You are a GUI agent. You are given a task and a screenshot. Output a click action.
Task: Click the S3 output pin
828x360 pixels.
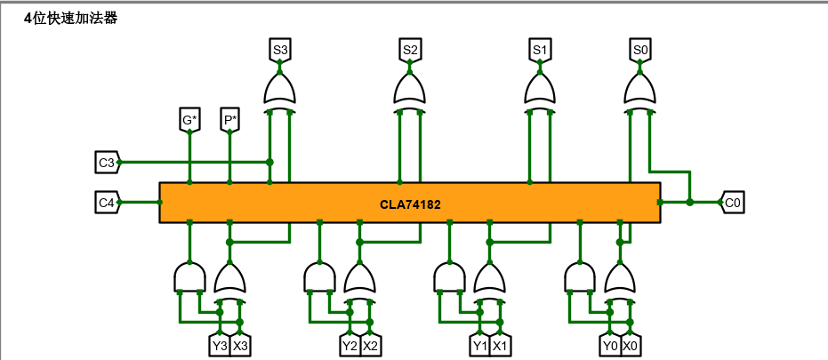point(280,51)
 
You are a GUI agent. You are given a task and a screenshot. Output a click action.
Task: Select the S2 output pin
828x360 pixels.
point(410,51)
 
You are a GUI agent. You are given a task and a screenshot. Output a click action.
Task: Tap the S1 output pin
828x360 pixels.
point(540,51)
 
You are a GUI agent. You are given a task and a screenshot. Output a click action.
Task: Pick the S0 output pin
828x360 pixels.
point(640,51)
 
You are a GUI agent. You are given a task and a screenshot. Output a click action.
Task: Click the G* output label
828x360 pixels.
point(189,119)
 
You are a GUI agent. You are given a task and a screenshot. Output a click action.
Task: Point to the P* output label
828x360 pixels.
point(230,119)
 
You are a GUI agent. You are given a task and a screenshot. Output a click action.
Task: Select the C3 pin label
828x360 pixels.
point(106,163)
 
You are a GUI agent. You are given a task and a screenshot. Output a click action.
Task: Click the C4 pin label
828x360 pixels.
point(106,203)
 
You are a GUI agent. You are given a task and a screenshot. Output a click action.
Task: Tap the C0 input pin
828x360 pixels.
point(732,203)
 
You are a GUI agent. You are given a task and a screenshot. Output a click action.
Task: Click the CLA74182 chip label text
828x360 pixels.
point(410,204)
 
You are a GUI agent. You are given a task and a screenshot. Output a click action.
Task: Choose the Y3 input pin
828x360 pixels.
point(220,345)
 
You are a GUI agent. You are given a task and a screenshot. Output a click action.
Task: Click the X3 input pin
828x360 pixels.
point(240,345)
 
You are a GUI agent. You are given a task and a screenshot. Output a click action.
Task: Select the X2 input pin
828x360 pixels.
point(371,345)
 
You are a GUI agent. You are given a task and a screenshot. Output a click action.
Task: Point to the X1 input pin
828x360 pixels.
point(501,345)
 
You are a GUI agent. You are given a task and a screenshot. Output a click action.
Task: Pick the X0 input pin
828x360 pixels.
point(631,345)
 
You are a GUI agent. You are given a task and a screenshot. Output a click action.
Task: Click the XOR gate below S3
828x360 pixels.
point(280,90)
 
